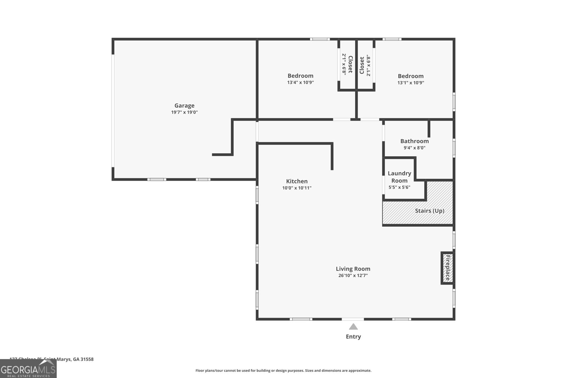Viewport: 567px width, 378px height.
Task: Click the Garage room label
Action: (x=184, y=106)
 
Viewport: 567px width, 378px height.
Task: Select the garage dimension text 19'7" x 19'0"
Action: (x=184, y=112)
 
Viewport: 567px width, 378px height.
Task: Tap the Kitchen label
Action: (x=297, y=181)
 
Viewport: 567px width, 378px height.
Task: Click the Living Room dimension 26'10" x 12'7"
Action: (x=353, y=275)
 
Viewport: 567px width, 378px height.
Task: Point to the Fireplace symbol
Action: (x=448, y=268)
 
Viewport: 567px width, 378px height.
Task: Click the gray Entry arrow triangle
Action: (x=353, y=327)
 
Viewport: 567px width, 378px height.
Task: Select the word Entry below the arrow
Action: (x=353, y=337)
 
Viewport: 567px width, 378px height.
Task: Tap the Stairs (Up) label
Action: (x=430, y=211)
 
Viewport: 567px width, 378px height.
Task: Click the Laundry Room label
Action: (x=399, y=177)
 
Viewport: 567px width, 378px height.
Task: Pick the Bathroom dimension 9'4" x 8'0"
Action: (x=414, y=148)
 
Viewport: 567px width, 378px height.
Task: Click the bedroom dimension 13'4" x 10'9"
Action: (x=301, y=83)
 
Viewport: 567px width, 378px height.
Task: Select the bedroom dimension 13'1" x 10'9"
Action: (x=411, y=83)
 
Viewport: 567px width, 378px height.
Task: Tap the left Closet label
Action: (x=350, y=64)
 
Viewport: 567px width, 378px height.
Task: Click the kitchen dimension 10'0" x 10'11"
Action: (x=297, y=188)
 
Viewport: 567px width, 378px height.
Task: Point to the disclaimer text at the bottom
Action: (x=283, y=371)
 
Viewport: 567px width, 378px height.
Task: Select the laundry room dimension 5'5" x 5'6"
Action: (x=399, y=187)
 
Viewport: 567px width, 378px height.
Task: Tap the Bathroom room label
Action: (x=414, y=141)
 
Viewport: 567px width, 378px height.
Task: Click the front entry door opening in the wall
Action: (x=353, y=319)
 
